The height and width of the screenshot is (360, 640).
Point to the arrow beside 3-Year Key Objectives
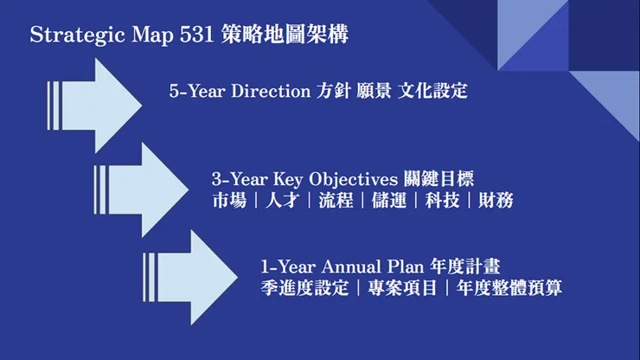pyautogui.click(x=142, y=189)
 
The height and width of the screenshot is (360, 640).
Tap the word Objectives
pyautogui.click(x=359, y=179)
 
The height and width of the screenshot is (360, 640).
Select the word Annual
pyautogui.click(x=336, y=266)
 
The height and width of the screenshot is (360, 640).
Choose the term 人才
pyautogui.click(x=282, y=201)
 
